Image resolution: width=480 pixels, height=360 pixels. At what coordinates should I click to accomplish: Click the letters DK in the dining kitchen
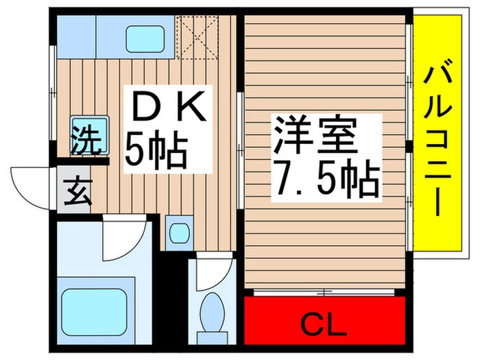coord(166,108)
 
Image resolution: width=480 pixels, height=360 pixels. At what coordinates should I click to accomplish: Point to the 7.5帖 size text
coord(326,178)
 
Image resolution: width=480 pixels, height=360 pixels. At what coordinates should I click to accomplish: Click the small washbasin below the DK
coord(180,232)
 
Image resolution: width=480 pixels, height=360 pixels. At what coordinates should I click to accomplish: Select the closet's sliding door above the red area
coord(322,293)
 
